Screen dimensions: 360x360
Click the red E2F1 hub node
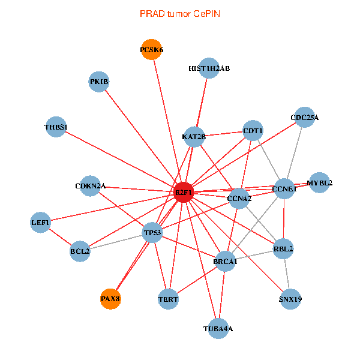click(183, 192)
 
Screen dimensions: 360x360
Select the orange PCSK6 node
click(152, 50)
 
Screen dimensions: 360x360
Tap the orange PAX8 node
click(110, 299)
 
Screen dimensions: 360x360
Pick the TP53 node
click(152, 232)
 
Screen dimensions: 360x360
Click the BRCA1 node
click(225, 261)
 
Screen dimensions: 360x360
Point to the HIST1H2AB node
click(209, 68)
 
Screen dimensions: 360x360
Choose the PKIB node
click(99, 82)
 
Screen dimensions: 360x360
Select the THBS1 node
click(56, 127)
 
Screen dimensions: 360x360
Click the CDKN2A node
click(90, 186)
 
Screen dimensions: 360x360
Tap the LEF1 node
click(41, 223)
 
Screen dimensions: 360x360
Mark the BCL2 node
click(80, 251)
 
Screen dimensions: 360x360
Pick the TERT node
click(169, 299)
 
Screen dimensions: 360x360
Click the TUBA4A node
click(218, 328)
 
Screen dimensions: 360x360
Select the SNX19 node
click(290, 299)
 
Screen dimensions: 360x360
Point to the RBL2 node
click(283, 248)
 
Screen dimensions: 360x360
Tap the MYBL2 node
click(320, 183)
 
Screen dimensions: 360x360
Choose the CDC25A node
click(304, 118)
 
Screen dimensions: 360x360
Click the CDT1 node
click(253, 130)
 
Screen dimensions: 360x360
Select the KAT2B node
click(194, 137)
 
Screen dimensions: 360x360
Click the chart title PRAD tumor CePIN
click(180, 13)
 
